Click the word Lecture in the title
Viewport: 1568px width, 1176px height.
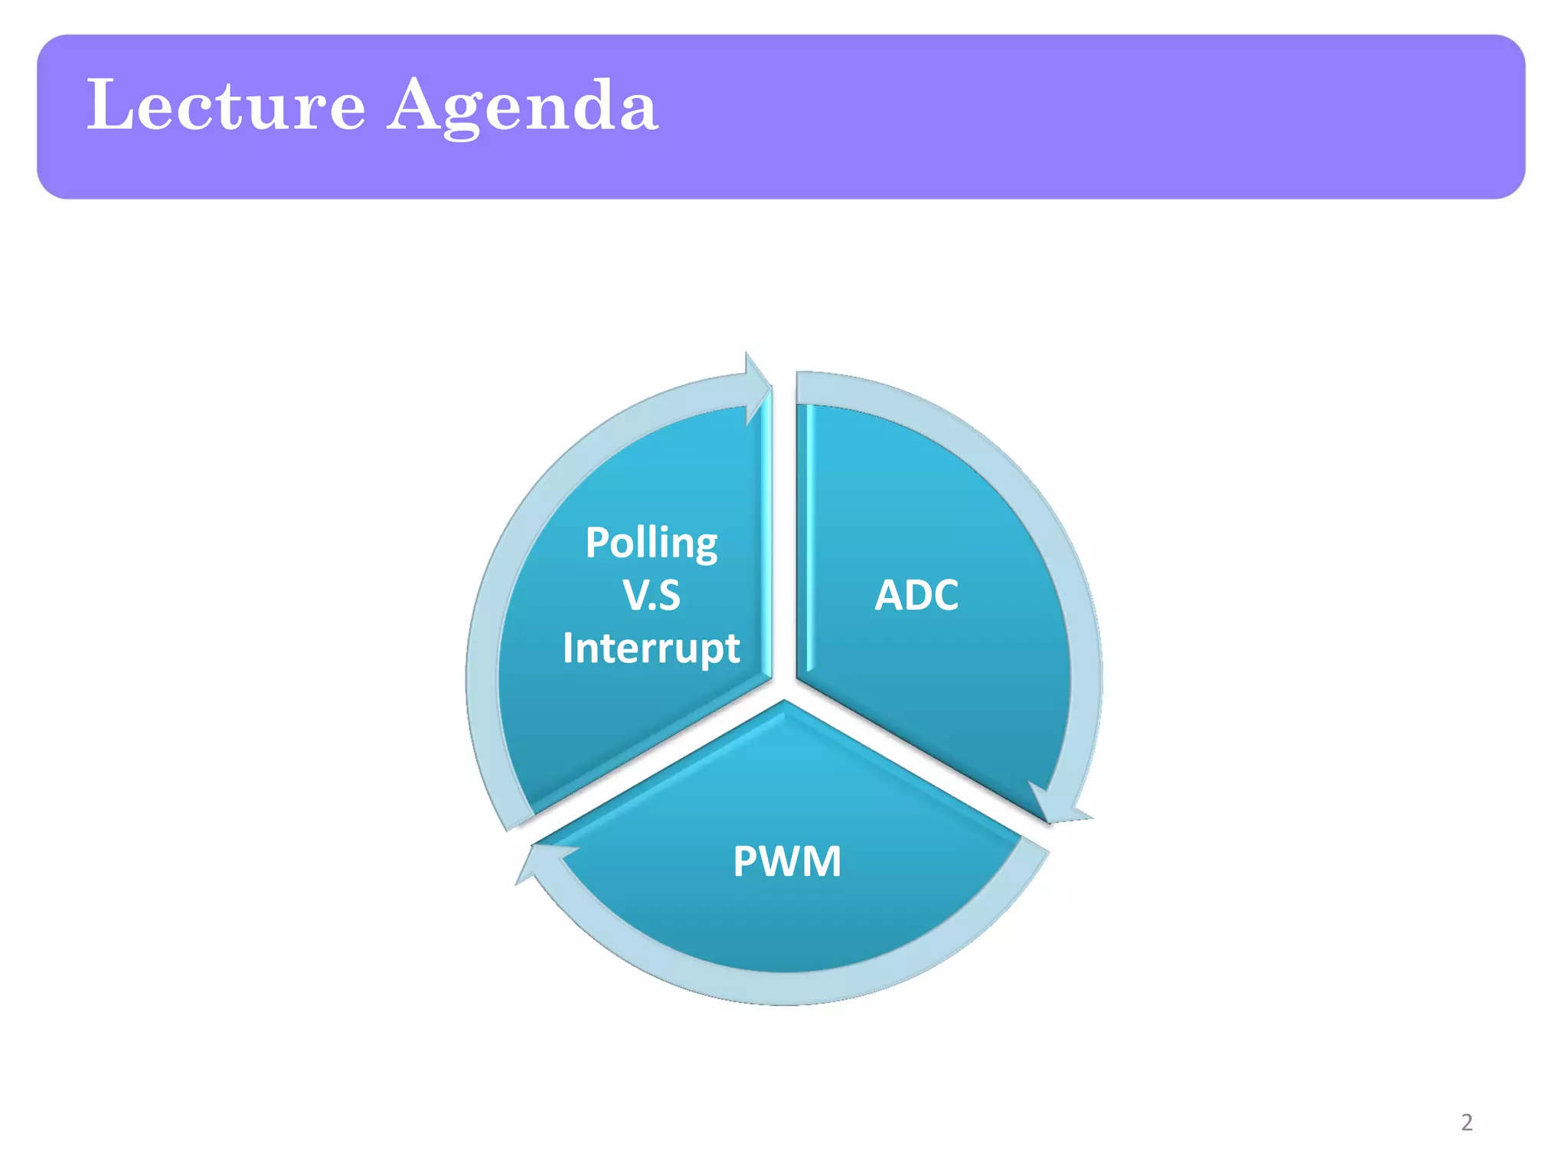(x=226, y=105)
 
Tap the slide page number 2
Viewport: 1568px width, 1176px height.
(x=1466, y=1122)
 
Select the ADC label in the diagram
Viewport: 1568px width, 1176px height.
(x=916, y=595)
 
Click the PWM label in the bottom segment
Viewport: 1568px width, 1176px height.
(x=787, y=861)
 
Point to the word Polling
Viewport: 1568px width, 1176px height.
(x=652, y=544)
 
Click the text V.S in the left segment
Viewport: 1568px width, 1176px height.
(x=652, y=596)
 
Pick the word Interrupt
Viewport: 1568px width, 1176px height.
(x=652, y=648)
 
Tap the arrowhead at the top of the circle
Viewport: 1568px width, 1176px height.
(x=758, y=387)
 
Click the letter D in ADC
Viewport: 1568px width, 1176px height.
(x=916, y=595)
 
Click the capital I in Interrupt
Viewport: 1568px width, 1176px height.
(x=567, y=648)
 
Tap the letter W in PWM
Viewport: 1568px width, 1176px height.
(x=782, y=861)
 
